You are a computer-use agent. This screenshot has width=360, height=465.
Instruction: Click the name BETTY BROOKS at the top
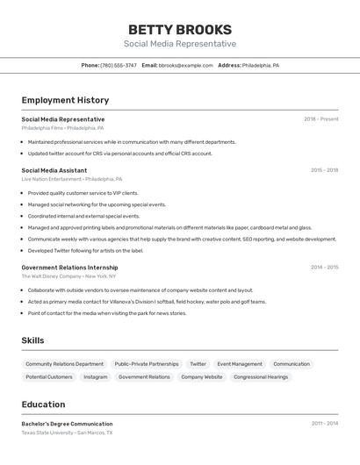pos(180,29)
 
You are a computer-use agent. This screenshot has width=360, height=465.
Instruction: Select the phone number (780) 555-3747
pos(119,65)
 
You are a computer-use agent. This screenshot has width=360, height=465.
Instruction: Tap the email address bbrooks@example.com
pos(186,65)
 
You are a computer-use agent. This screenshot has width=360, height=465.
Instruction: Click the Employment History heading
pos(65,100)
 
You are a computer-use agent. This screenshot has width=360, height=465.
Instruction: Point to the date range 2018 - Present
pos(320,119)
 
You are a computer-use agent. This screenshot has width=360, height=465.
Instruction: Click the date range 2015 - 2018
pos(324,170)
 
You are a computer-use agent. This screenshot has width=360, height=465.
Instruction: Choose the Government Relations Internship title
pos(69,267)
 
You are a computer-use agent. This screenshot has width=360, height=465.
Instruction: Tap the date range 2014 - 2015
pos(324,267)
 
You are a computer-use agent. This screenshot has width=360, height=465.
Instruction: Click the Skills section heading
pos(32,340)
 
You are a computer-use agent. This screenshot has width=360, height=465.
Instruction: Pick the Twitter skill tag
pos(198,363)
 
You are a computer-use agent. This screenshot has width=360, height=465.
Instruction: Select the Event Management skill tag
pos(240,363)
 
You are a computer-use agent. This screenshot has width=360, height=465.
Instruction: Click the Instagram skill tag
pos(96,376)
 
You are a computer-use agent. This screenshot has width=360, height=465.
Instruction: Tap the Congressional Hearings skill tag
pos(261,376)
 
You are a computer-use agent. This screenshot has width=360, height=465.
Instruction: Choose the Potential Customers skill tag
pos(49,376)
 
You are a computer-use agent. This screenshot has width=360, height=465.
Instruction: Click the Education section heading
pos(43,404)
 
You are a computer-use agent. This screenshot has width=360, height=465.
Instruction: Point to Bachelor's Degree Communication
pos(67,424)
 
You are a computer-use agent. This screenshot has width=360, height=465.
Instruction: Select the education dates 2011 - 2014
pos(324,424)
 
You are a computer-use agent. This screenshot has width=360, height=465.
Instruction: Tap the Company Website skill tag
pos(202,376)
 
